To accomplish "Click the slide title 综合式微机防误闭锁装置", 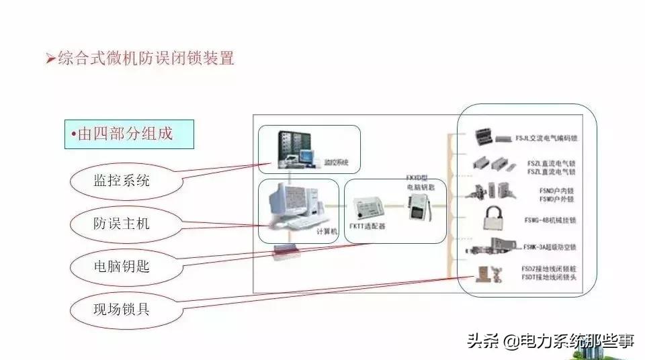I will click(144, 59).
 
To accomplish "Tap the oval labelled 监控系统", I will click(121, 180).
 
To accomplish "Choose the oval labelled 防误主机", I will click(121, 224).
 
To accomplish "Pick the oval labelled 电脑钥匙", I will click(121, 267).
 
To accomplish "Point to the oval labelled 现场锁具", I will click(121, 310).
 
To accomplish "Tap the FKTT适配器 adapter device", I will click(369, 206).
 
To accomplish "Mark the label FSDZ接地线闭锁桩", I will click(548, 269).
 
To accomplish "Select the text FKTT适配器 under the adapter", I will click(368, 226).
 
